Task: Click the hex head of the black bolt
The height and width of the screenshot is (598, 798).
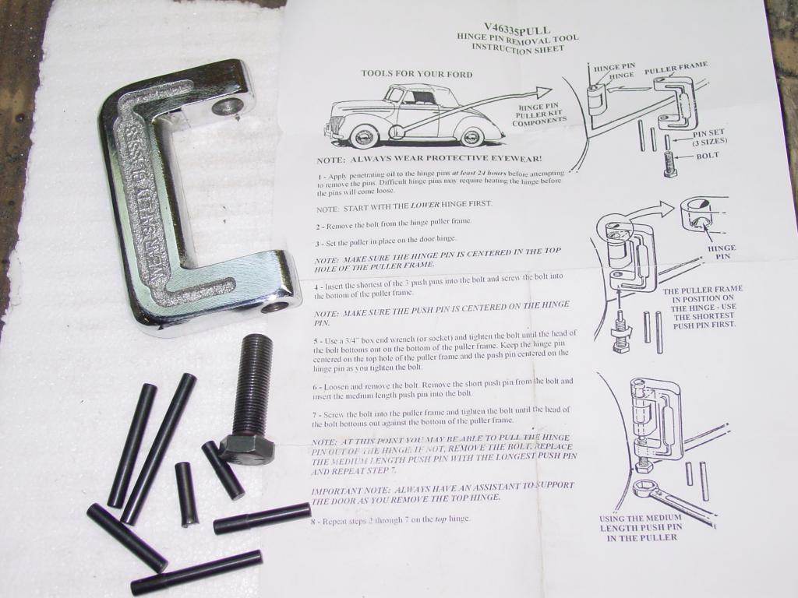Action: coord(246,449)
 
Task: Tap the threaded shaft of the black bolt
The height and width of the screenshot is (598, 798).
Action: coord(251,382)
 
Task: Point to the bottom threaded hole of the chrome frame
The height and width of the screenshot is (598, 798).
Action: coord(274,306)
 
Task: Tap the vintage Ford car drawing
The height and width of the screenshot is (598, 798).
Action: coord(413,117)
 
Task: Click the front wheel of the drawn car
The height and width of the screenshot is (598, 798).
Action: coord(362,137)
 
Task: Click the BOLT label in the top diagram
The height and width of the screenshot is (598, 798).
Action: coord(707,156)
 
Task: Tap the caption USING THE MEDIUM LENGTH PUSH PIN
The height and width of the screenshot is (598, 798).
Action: coord(641,528)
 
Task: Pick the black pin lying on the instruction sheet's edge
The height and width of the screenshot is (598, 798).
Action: coord(263,517)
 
